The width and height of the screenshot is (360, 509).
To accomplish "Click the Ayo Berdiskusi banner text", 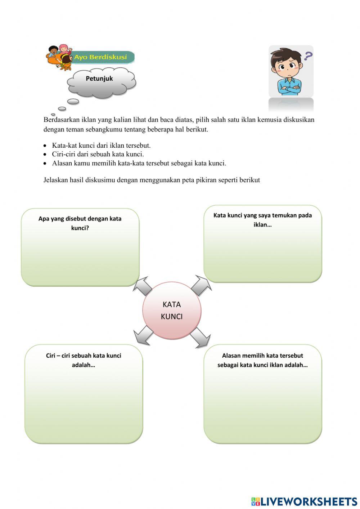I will [101, 57].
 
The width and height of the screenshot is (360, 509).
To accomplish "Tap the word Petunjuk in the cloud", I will [99, 79].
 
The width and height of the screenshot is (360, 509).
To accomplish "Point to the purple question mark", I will [308, 56].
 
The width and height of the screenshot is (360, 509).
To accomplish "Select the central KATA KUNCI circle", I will [172, 311].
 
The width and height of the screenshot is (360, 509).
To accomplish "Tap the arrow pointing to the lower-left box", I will [143, 335].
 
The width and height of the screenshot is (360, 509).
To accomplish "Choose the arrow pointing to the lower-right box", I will [200, 338].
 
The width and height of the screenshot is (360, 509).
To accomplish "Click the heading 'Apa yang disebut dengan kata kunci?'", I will [80, 223].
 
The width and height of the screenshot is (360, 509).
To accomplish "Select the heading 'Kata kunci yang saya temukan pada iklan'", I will [262, 220].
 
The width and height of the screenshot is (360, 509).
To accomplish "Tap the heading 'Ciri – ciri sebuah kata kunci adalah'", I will [84, 360].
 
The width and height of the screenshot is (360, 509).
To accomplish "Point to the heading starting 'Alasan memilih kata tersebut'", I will [262, 360].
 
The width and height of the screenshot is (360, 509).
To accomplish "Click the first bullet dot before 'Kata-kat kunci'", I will [45, 146].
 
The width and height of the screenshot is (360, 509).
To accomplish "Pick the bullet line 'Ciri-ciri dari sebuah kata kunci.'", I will [98, 154].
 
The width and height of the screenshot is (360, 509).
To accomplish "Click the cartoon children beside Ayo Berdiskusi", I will [60, 57].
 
